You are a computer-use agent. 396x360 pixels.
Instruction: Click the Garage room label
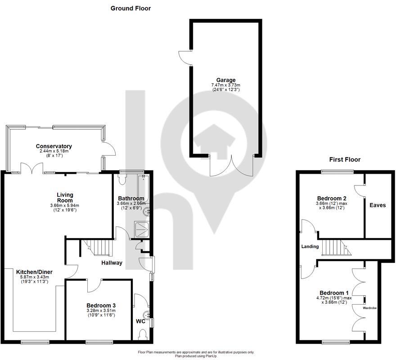[x=225, y=80]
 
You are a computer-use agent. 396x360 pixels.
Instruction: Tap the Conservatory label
[x=54, y=146]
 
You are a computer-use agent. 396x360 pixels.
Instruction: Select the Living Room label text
[x=65, y=198]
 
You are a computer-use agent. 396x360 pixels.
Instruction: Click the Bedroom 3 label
[x=100, y=305]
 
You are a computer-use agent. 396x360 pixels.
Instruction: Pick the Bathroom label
[x=131, y=198]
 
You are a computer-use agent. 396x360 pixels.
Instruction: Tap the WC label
[x=140, y=322]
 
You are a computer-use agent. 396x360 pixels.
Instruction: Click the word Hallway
[x=112, y=263]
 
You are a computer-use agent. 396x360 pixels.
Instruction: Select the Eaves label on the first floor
[x=377, y=205]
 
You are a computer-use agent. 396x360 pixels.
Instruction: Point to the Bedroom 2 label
[x=331, y=198]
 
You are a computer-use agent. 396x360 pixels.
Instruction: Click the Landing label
[x=310, y=247]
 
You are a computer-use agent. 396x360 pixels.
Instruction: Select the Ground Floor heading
[x=130, y=8]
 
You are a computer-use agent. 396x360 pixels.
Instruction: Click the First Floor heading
[x=345, y=159]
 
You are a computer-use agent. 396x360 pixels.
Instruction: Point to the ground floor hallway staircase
[x=99, y=247]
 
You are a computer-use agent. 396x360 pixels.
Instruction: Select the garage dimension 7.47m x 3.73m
[x=225, y=85]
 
